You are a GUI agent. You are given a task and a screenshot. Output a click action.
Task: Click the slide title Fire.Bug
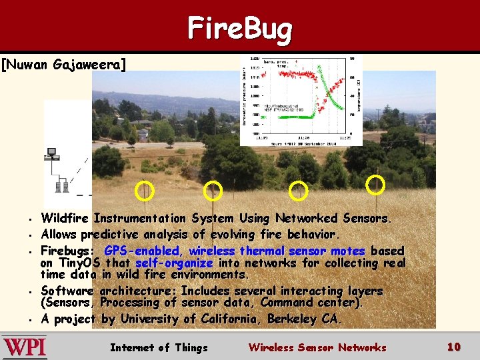[x=240, y=29]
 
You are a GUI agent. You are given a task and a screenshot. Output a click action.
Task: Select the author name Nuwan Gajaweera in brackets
[x=63, y=65]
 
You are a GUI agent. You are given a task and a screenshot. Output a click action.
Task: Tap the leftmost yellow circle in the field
[x=144, y=192]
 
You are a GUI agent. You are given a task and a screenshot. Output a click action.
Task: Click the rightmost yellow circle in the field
[x=376, y=185]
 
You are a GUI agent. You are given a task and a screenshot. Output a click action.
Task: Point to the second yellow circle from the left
[x=213, y=191]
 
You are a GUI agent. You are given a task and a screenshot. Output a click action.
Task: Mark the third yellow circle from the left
[x=298, y=191]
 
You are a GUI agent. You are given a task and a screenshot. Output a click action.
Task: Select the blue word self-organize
[x=173, y=263]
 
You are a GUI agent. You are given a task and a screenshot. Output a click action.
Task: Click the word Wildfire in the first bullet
[x=66, y=219]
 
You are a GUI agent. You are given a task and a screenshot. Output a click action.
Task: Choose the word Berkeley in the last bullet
[x=293, y=319]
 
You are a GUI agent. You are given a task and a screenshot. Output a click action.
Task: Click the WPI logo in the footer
[x=25, y=347]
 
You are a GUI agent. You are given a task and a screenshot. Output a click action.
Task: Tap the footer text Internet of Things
[x=159, y=347]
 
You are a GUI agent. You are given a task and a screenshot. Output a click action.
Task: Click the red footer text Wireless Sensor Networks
[x=317, y=347]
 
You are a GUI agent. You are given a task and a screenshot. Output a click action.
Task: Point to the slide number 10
[x=454, y=347]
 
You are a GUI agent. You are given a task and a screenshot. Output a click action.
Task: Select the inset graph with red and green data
[x=301, y=100]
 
